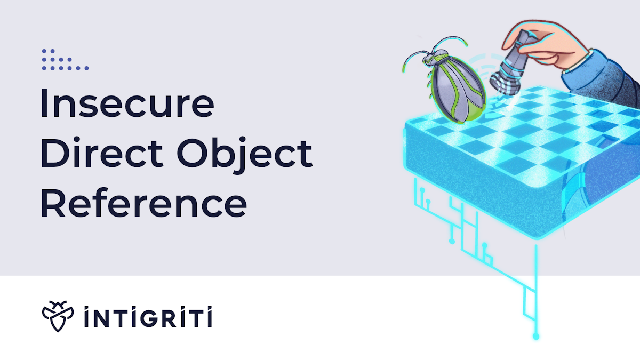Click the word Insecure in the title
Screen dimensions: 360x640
[127, 105]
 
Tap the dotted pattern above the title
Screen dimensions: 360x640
[65, 60]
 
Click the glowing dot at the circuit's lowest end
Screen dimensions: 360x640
[536, 337]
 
